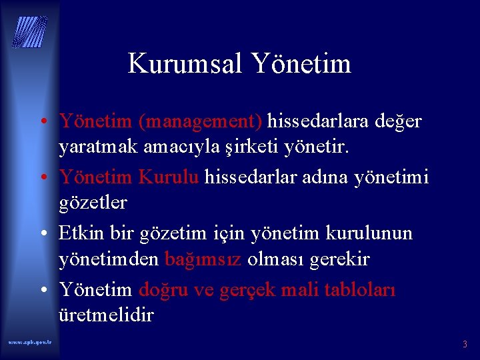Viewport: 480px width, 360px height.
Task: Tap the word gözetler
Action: point(93,201)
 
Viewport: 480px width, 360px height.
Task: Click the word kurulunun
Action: point(369,233)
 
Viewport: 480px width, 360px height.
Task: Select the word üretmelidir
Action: point(106,314)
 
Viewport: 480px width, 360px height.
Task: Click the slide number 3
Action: point(465,344)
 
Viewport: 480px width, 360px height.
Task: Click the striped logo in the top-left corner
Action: point(30,31)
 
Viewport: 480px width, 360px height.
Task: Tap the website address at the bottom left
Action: point(31,341)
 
